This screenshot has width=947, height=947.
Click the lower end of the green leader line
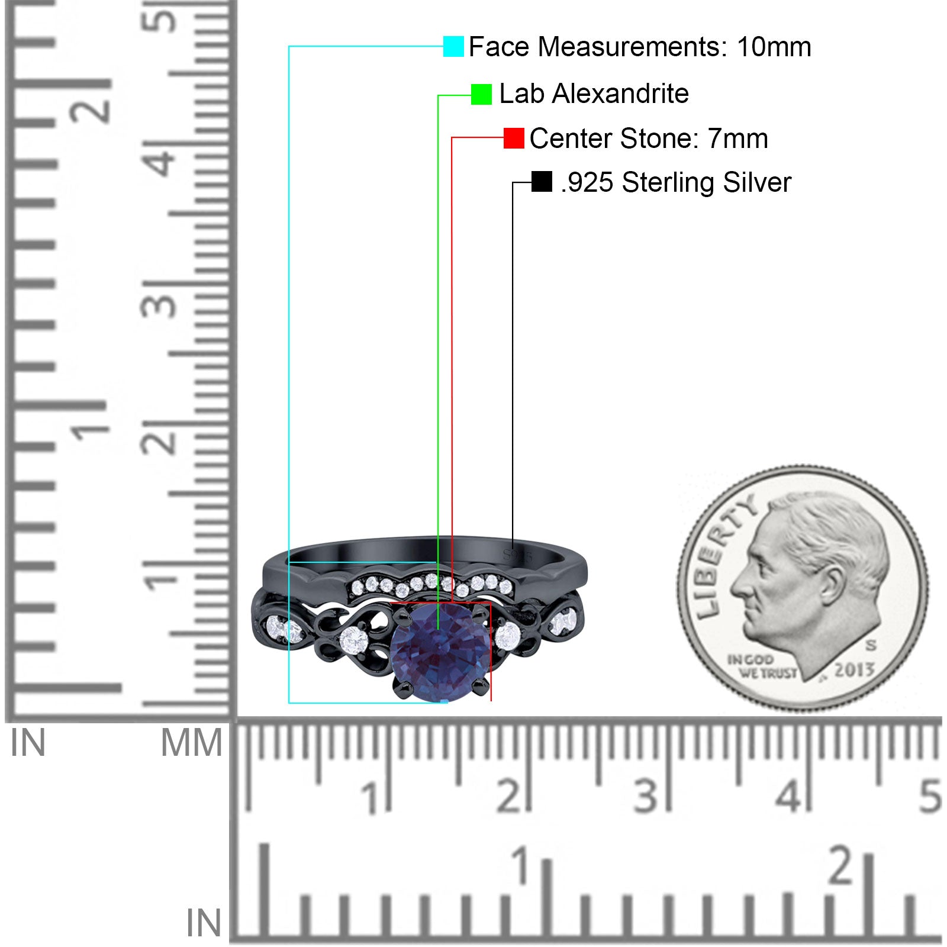438,629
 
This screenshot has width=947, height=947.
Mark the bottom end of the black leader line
513,542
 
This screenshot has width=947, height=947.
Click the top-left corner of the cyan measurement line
289,46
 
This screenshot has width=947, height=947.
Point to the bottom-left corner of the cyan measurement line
289,703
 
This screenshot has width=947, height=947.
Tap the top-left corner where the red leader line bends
452,138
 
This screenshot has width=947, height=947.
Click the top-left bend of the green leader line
438,95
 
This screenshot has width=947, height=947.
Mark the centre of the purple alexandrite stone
440,652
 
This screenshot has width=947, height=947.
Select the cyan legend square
453,46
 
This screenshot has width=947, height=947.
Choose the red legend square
514,138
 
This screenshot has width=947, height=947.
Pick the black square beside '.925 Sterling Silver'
542,182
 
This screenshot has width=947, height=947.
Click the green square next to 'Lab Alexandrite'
481,95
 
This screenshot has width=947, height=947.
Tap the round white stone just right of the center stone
507,636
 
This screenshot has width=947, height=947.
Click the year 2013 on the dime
854,670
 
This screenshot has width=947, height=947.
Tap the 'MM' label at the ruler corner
191,743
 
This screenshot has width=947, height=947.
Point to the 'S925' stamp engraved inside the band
518,556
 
